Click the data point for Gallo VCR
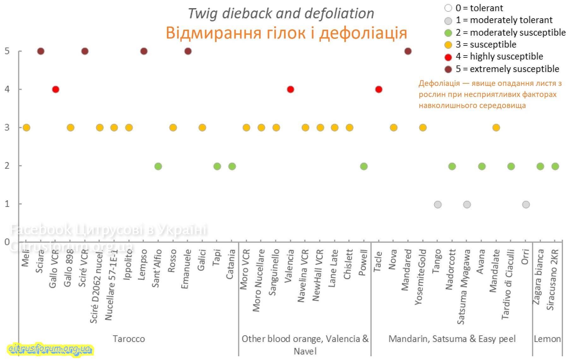coord(56,89)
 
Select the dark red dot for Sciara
coord(41,51)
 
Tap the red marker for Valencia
coord(291,89)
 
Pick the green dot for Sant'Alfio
coord(158,166)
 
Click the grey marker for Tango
coord(438,205)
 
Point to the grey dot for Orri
coord(526,205)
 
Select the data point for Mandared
coord(408,51)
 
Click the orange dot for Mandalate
coord(496,128)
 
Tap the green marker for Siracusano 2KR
coord(555,166)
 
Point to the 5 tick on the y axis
coord(7,51)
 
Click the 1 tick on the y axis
coord(7,204)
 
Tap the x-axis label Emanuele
coord(186,269)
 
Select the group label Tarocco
coord(129,339)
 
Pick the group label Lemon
coord(547,339)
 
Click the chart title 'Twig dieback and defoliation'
coord(281,14)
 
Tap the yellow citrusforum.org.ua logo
coord(50,349)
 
